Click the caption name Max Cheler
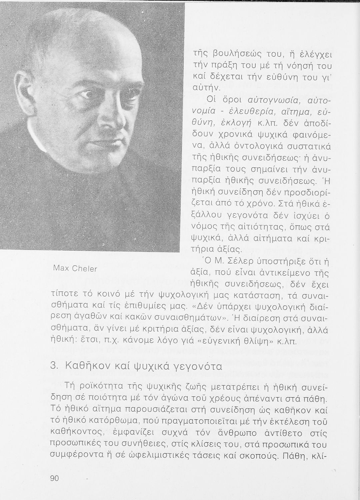pos(75,269)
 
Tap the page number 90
pos(54,478)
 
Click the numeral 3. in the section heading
pos(54,366)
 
